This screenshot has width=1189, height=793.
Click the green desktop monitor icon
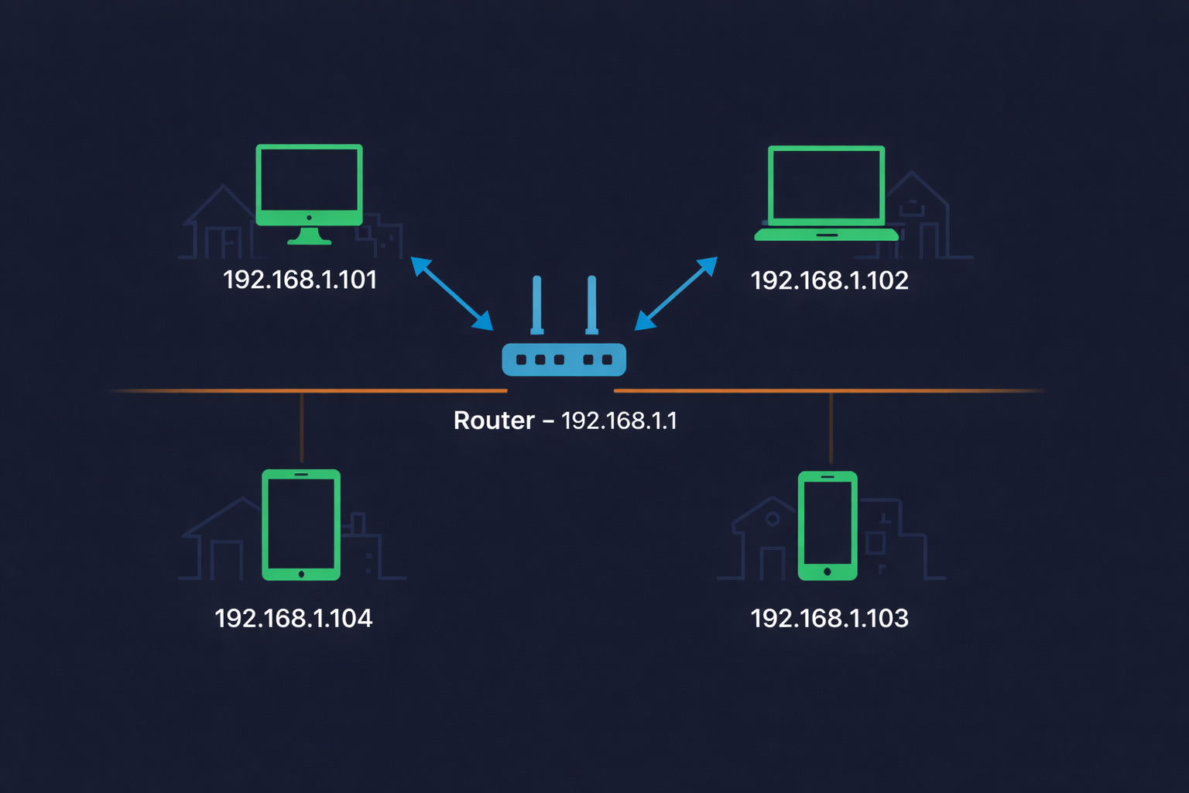tap(309, 186)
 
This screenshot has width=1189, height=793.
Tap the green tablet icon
tap(301, 524)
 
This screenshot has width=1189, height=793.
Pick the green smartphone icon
tap(828, 525)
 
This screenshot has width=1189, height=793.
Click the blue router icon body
tap(564, 359)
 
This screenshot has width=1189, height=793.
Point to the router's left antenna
tap(536, 304)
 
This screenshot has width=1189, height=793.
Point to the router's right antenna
tap(591, 304)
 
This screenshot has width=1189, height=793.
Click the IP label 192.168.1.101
tap(300, 280)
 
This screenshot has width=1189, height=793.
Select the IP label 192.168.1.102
tap(829, 280)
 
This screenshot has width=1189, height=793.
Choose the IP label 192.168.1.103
tap(829, 618)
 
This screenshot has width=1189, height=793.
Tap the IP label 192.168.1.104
tap(293, 618)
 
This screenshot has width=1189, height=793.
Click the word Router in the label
tap(494, 421)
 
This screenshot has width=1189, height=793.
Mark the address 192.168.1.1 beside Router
tap(618, 421)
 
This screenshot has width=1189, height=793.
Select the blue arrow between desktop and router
tap(452, 294)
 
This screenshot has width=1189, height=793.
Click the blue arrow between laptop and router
tap(676, 294)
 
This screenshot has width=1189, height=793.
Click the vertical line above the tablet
tap(301, 427)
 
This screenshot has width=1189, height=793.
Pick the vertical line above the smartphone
tap(831, 428)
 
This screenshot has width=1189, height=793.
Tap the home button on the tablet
tap(301, 574)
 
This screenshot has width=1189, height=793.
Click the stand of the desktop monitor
tap(309, 236)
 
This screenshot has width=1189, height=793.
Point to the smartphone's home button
tap(828, 572)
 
